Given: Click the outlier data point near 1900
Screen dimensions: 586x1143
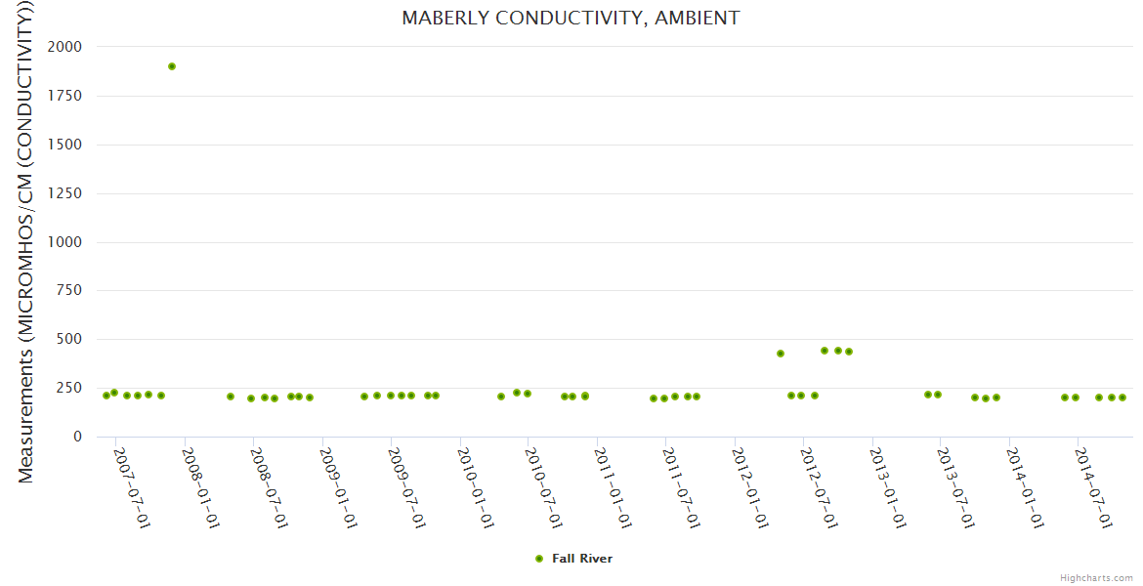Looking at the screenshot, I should (x=172, y=66).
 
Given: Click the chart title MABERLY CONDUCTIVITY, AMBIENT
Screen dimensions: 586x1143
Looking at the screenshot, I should (x=571, y=18).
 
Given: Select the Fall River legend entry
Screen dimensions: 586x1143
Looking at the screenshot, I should (x=582, y=559).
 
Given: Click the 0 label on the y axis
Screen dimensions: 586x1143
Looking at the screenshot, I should (x=77, y=437).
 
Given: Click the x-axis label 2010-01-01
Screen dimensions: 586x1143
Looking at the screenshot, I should (x=474, y=488).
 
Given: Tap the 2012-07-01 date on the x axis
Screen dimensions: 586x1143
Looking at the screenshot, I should (x=817, y=488).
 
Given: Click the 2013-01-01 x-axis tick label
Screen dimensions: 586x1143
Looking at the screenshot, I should (x=886, y=488).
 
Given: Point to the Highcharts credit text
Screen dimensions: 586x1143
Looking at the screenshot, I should (x=1096, y=578).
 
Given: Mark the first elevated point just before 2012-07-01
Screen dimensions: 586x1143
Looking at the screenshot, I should (x=781, y=354).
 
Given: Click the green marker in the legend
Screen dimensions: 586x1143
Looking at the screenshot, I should (x=538, y=559).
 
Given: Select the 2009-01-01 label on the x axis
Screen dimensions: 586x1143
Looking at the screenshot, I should (x=336, y=488).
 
